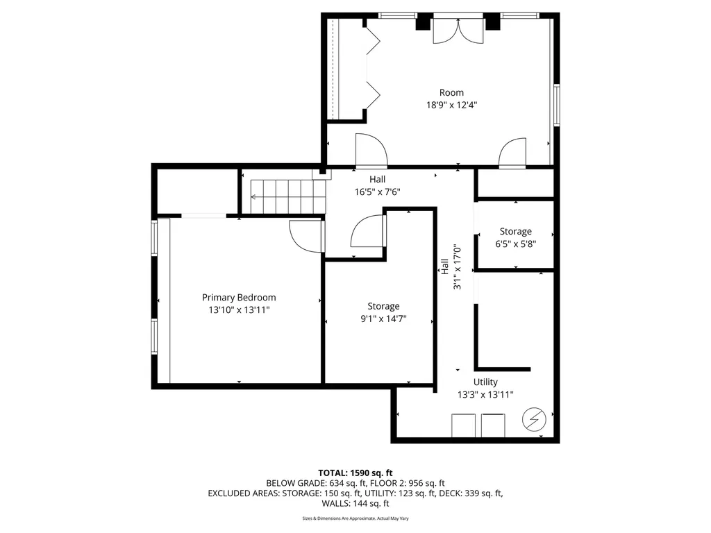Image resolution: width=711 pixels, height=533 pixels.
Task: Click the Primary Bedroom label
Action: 239,297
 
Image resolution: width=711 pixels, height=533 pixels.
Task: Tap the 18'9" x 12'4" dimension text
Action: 451,105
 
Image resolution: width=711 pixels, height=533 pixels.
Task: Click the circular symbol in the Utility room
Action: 535,420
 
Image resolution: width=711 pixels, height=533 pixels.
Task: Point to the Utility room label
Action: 485,382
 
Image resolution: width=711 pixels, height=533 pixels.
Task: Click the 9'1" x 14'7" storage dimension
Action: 383,319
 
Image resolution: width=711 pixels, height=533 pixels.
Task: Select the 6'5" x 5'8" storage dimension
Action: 515,244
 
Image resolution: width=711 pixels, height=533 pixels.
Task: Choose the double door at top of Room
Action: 449,31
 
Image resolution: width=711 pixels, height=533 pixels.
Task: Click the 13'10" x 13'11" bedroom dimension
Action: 239,310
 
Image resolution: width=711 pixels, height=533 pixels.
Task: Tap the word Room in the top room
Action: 451,92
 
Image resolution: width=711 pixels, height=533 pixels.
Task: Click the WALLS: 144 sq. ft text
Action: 355,503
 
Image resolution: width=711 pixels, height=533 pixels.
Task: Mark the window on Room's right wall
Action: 556,105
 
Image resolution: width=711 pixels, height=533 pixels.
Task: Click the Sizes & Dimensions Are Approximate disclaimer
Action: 355,518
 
